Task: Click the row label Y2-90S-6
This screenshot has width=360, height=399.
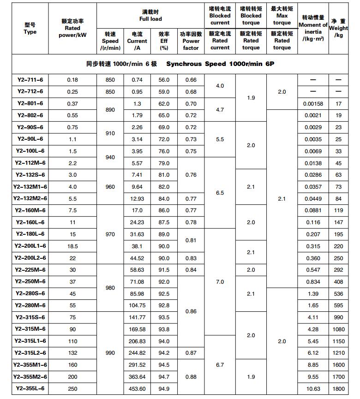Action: click(x=30, y=127)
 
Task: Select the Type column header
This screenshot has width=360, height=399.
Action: click(x=30, y=29)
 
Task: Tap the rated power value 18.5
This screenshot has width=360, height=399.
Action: click(x=72, y=246)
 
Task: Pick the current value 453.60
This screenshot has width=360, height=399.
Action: click(x=137, y=388)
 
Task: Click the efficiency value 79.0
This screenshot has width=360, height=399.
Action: click(x=164, y=163)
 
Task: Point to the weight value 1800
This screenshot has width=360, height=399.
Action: click(x=338, y=388)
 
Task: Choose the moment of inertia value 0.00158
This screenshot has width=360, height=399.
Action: click(x=313, y=104)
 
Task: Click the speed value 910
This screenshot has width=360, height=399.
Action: click(x=110, y=133)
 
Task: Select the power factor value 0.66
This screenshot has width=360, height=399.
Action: click(x=191, y=80)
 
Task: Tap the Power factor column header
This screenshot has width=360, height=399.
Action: click(x=191, y=41)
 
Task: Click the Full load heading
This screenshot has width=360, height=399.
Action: click(x=150, y=15)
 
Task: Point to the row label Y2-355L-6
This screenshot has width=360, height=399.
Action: click(x=30, y=388)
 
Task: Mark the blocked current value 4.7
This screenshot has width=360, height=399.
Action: click(x=220, y=110)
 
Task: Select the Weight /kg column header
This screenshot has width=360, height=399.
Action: click(x=339, y=29)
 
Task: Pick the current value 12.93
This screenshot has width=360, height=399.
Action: click(x=137, y=199)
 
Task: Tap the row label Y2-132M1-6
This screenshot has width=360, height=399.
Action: click(x=30, y=187)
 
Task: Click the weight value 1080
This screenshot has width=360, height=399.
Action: click(x=338, y=329)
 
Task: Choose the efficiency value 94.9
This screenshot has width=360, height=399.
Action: click(x=164, y=388)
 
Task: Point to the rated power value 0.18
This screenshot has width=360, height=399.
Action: click(x=72, y=80)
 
